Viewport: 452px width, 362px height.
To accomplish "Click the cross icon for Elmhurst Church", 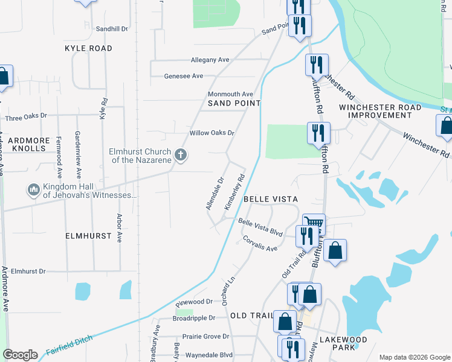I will coord(180,156).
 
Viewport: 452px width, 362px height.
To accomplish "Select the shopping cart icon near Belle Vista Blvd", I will coord(313,223).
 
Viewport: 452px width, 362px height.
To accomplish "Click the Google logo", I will coord(21,355).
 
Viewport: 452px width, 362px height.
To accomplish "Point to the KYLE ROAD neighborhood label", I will coord(89,48).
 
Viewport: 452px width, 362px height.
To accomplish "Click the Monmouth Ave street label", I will coord(230,94).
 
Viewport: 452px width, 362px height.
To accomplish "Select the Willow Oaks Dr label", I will coord(211,133).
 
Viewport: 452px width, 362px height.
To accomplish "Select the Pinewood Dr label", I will coord(193,301).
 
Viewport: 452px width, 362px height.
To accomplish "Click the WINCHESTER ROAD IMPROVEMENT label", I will coord(379,111).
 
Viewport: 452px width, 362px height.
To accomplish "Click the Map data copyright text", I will coord(414,357).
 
